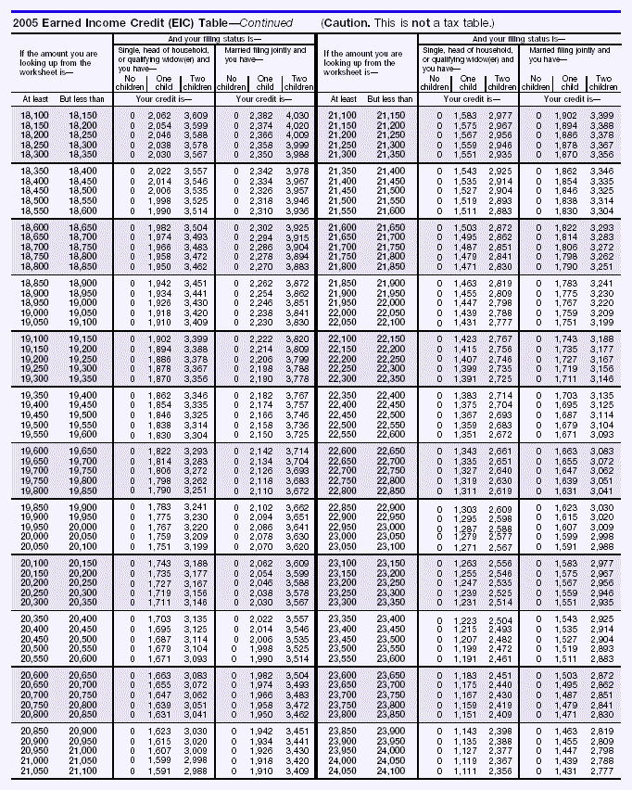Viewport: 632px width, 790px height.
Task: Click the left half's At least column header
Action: pos(31,98)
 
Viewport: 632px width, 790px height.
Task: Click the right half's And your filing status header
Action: pos(524,39)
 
